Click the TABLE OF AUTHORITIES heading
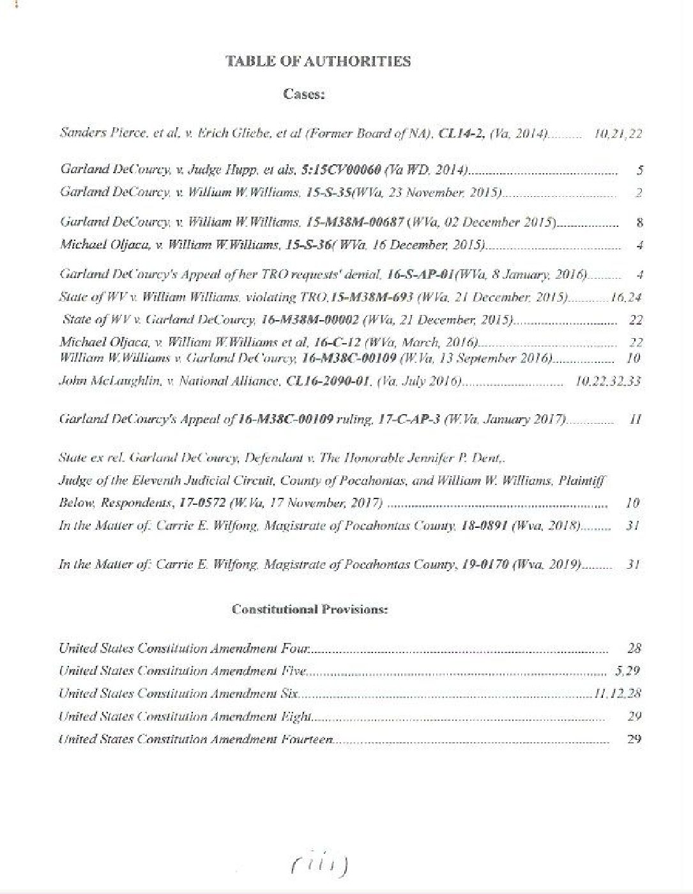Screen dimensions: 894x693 point(318,61)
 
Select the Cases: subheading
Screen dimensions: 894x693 point(304,95)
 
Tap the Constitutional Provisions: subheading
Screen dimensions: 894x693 point(310,609)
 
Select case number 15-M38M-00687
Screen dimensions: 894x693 point(354,222)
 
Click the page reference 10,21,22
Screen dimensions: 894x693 point(618,134)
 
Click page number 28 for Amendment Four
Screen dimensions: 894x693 point(634,649)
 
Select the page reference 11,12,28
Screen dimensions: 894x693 point(617,694)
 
